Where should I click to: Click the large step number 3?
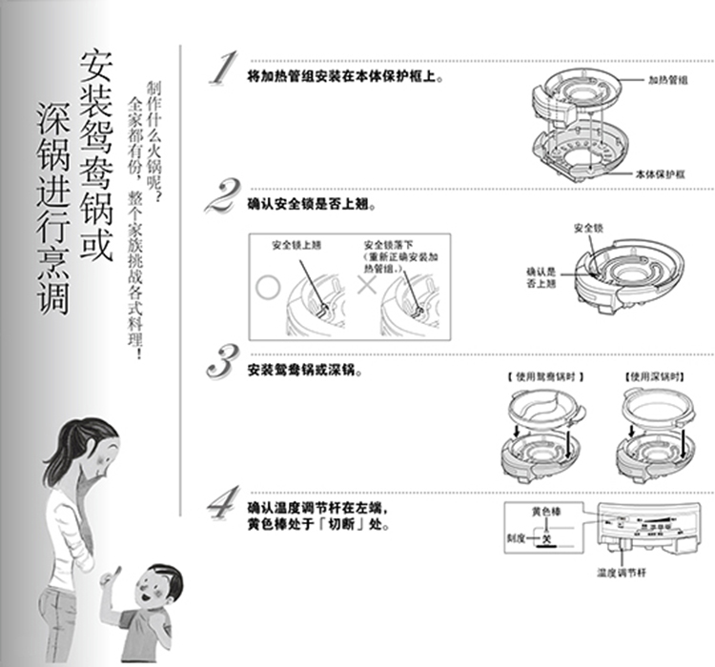coord(223,363)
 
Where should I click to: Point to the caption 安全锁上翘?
coord(296,246)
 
